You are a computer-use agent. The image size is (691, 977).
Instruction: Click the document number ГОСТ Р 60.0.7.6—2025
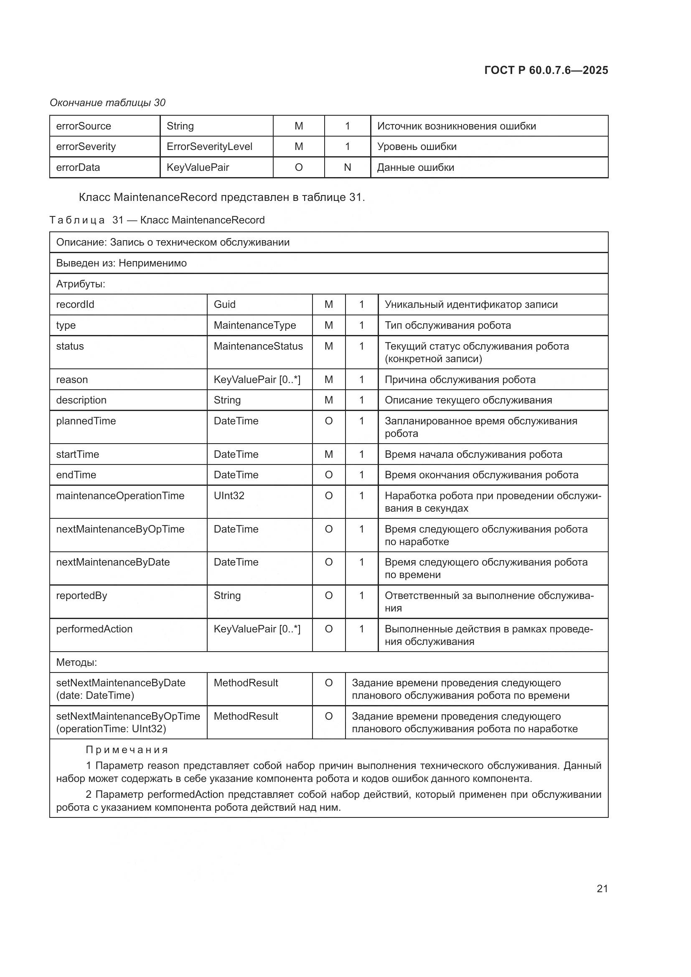click(x=546, y=70)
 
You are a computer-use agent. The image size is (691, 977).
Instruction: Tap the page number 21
click(x=602, y=888)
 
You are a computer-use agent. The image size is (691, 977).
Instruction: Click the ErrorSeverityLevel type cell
click(x=209, y=146)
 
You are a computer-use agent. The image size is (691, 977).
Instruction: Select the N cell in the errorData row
click(x=347, y=167)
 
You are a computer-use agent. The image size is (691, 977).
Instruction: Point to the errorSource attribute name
click(x=84, y=126)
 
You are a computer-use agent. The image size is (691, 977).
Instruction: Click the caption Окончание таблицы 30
click(x=108, y=103)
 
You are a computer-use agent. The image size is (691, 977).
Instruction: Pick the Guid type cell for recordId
click(x=225, y=304)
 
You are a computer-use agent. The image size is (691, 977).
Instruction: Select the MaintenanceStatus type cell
click(x=258, y=346)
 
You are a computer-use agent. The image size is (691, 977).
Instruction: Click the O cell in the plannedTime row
click(x=328, y=421)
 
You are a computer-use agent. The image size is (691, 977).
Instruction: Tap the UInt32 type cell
click(x=229, y=496)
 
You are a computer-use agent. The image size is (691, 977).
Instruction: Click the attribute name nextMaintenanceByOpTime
click(x=120, y=529)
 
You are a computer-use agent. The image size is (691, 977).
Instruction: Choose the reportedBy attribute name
click(x=82, y=595)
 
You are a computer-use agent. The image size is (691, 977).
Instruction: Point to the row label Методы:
click(x=76, y=662)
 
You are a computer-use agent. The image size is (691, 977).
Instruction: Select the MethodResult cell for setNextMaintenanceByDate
click(x=246, y=683)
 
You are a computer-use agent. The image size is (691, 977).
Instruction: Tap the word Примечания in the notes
click(x=127, y=750)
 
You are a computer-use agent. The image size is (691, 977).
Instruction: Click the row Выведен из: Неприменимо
click(x=121, y=263)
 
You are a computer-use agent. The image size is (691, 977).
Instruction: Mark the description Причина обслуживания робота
click(x=460, y=380)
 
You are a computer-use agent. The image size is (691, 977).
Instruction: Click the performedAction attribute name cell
click(x=94, y=629)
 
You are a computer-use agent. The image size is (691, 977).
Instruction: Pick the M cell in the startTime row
click(x=328, y=454)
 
